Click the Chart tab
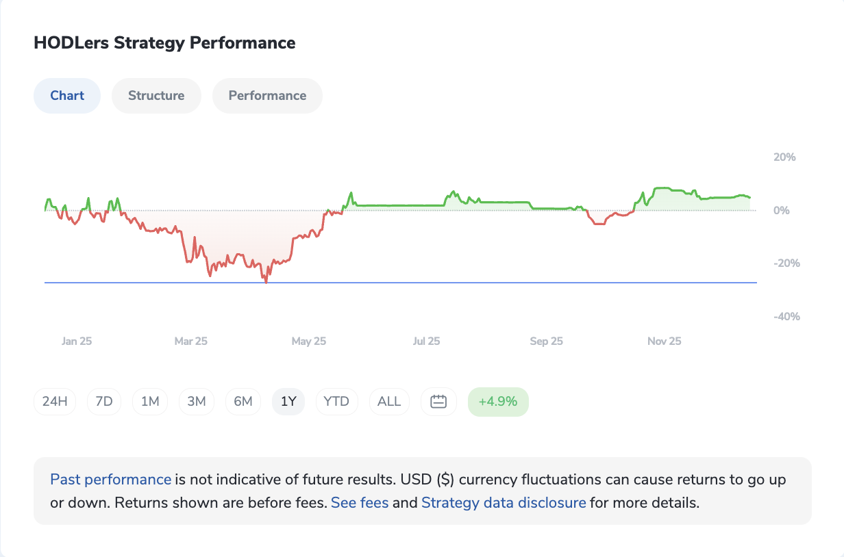pos(67,96)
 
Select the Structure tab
pos(156,96)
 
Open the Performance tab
pos(267,96)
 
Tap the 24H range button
pos(55,402)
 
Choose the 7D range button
pos(104,402)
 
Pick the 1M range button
pos(150,402)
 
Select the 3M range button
pos(197,402)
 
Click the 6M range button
pos(243,402)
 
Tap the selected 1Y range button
pos(289,402)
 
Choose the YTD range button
pos(336,402)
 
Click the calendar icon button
pos(438,402)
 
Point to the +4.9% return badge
pos(498,402)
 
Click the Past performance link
pos(111,480)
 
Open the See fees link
pos(360,503)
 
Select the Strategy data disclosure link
pos(504,503)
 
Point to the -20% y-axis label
pos(785,263)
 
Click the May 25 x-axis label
pos(309,341)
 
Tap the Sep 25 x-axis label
pos(546,341)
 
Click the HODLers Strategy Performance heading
pos(164,43)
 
